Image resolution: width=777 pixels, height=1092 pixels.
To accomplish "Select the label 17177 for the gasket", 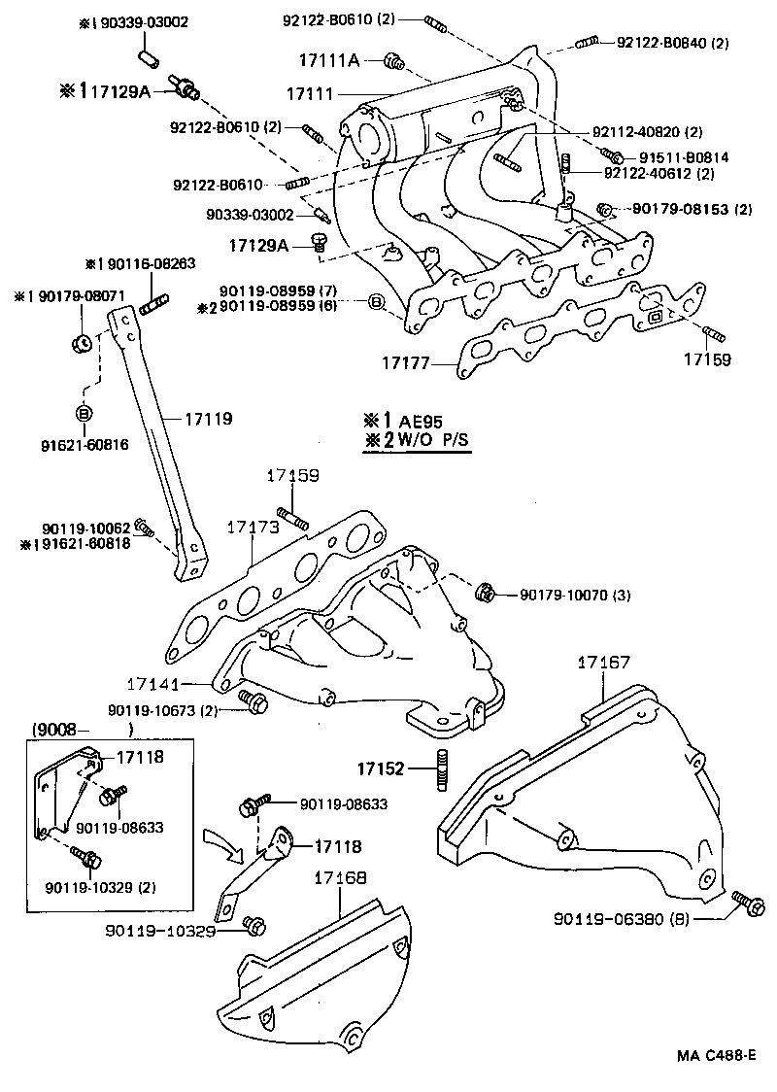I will coord(404,363).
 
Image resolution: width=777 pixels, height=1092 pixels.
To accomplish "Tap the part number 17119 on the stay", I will coord(210,420).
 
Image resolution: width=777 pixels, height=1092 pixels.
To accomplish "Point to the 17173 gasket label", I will coord(253,526).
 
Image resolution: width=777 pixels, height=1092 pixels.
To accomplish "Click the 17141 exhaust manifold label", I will coord(152,684).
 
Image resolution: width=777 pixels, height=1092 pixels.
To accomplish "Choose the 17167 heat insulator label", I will coord(603,662).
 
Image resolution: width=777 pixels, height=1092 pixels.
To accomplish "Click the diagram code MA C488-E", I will coord(715,1055).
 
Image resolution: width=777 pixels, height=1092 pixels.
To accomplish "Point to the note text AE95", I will coord(420,422).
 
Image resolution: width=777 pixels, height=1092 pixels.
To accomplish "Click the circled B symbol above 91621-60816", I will coord(83,413).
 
